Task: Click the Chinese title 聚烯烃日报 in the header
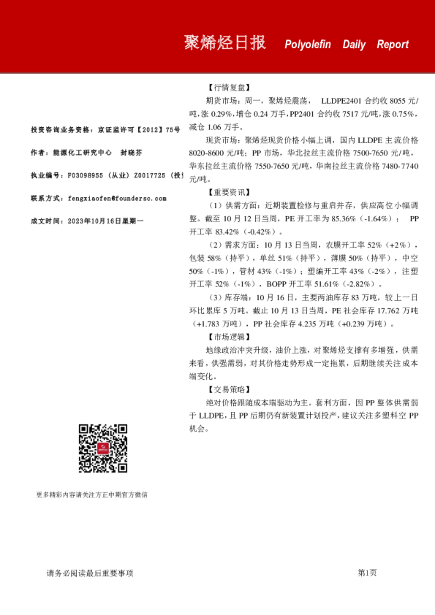coord(224,42)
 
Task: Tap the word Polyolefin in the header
coord(307,45)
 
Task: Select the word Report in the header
coord(393,45)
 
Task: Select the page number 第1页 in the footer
coord(367,573)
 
